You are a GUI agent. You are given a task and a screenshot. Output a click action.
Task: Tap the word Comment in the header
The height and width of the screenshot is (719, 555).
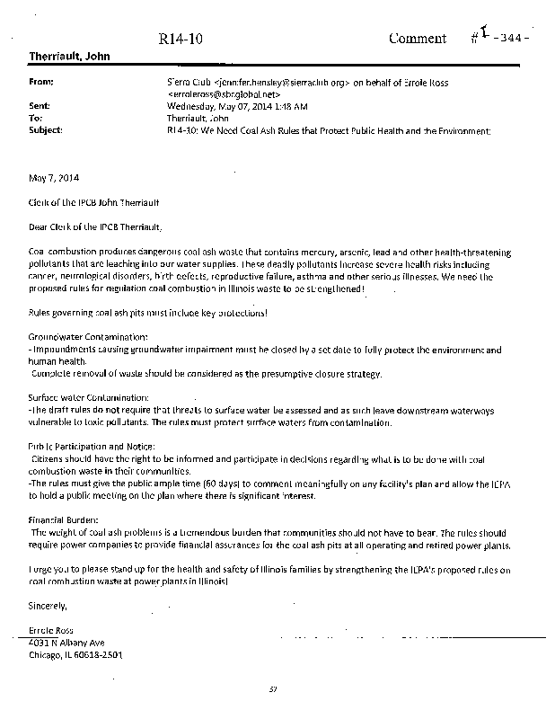tap(417, 38)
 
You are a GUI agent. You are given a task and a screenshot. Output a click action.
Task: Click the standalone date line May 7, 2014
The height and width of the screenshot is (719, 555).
tap(52, 177)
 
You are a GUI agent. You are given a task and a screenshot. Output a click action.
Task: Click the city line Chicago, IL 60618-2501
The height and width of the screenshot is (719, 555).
tap(75, 654)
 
